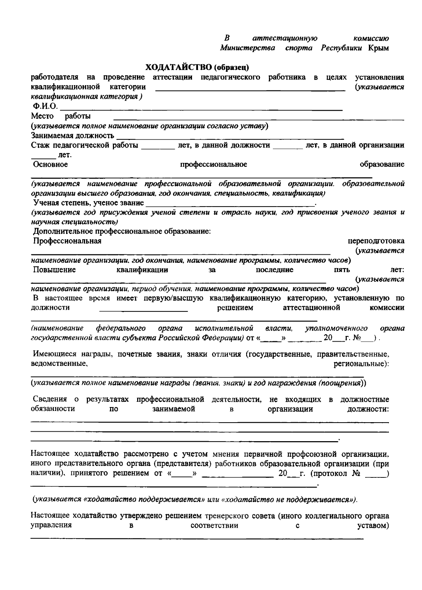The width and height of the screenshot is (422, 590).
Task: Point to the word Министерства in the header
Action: click(x=248, y=48)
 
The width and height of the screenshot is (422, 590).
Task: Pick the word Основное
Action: click(x=50, y=164)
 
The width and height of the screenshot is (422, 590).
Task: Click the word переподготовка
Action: click(x=376, y=241)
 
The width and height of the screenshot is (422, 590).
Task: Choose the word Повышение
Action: click(x=55, y=270)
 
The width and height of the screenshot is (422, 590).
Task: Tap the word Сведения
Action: click(x=50, y=399)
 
